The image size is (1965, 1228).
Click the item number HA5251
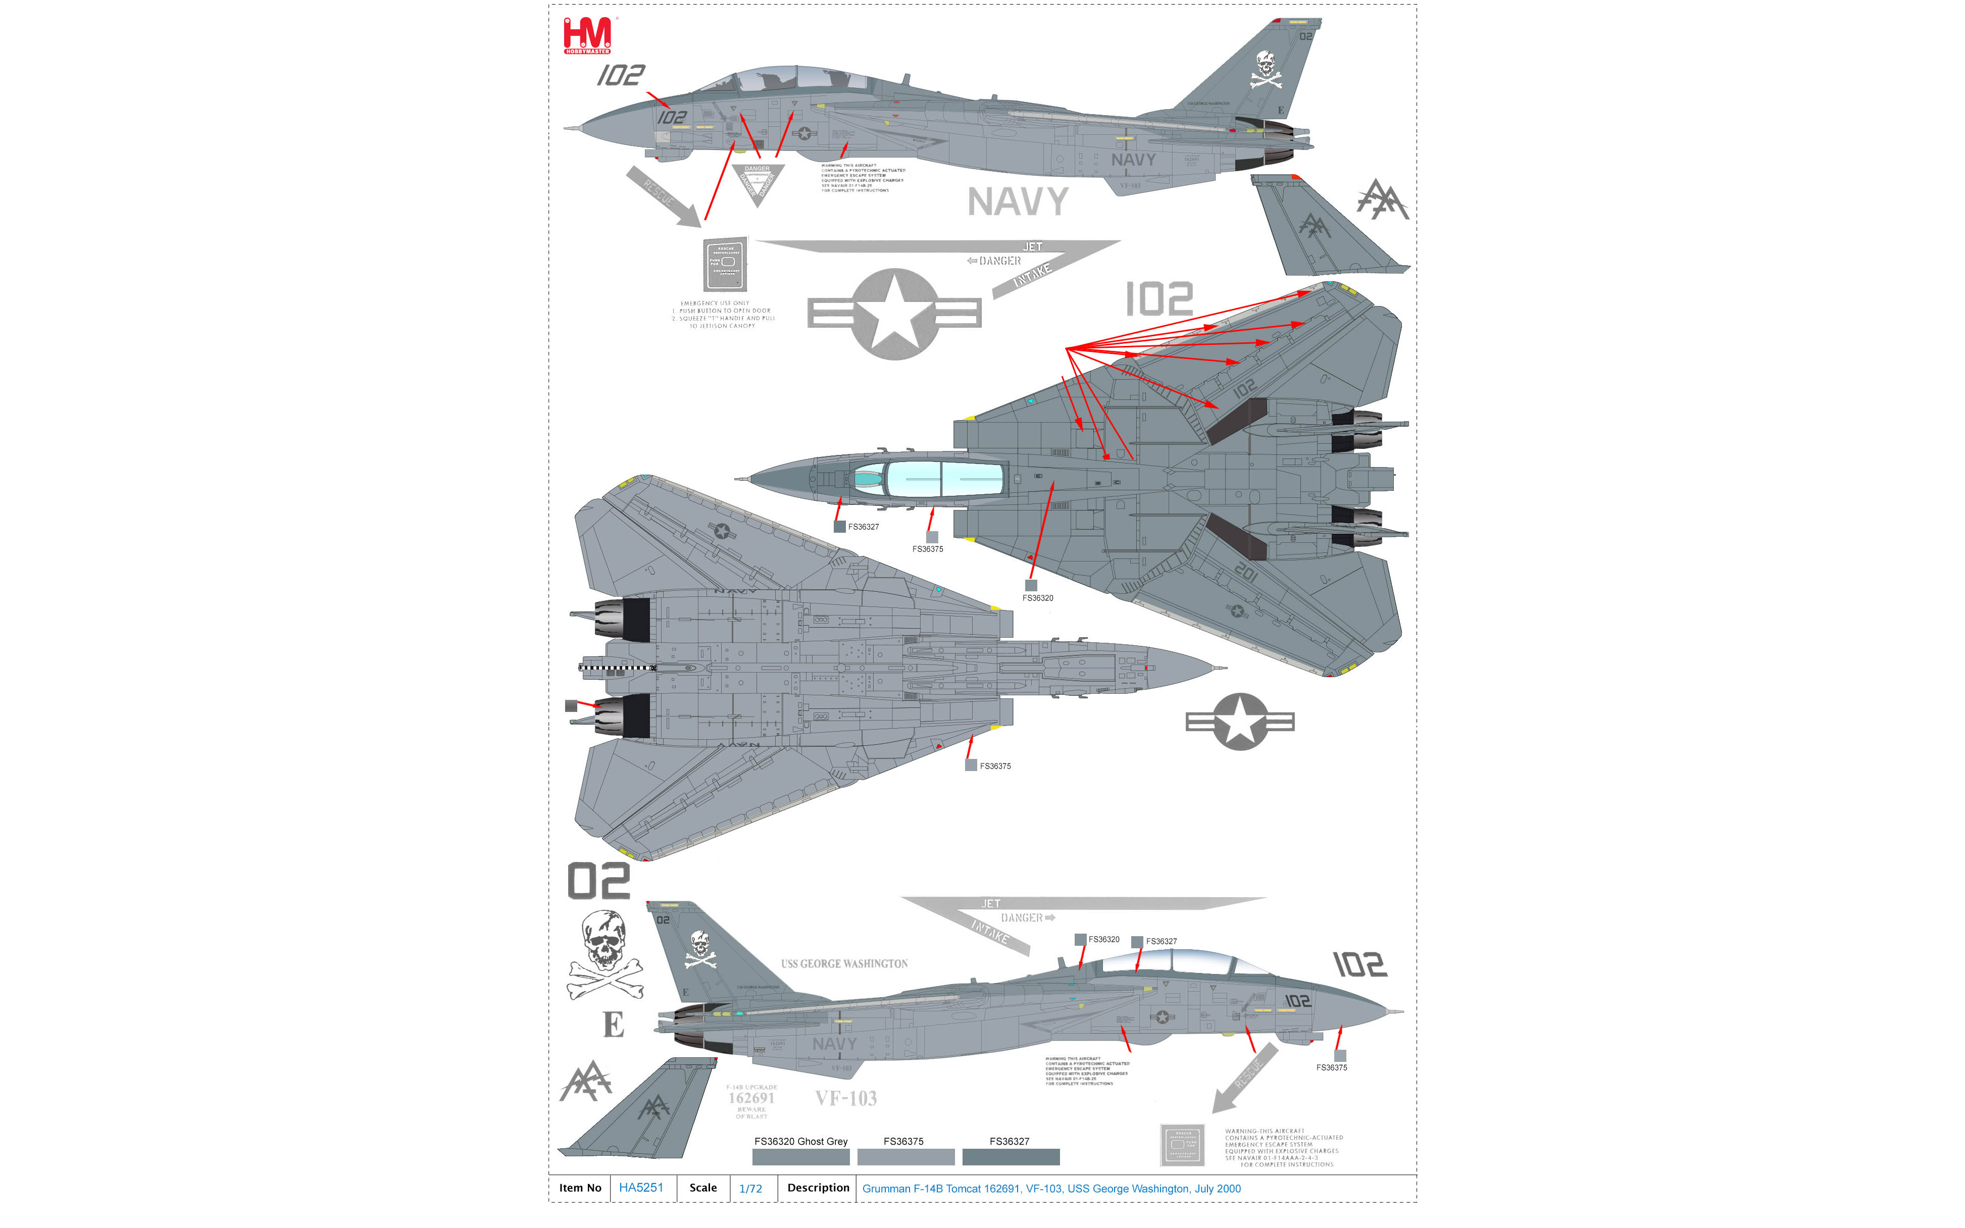[x=641, y=1188]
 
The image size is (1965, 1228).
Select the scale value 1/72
[x=750, y=1188]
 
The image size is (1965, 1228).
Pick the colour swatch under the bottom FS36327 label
[x=1011, y=1156]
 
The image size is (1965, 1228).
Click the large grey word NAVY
[x=1018, y=201]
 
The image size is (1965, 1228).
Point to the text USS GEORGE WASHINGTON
[x=844, y=964]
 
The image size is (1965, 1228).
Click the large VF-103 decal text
[x=845, y=1098]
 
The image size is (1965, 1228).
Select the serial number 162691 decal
[x=751, y=1098]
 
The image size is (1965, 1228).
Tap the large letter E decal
[x=613, y=1025]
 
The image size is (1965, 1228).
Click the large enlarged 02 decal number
[x=598, y=881]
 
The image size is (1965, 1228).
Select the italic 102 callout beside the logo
[x=621, y=76]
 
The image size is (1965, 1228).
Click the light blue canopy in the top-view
[x=942, y=479]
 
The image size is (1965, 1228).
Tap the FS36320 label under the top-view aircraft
[x=1037, y=598]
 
